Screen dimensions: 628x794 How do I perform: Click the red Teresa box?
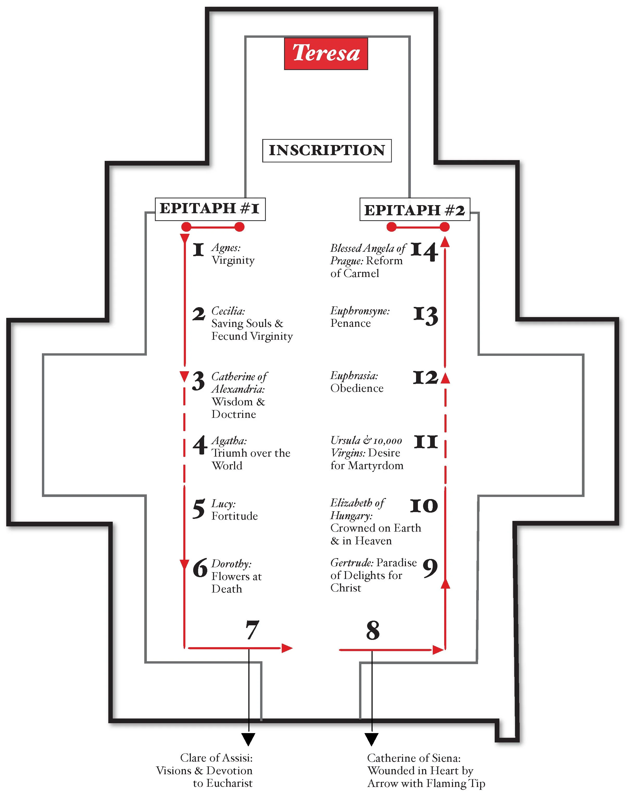point(326,54)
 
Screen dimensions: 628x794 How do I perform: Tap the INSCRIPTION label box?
point(326,150)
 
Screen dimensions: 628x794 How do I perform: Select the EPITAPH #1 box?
point(210,209)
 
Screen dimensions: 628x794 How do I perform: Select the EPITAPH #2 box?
point(415,210)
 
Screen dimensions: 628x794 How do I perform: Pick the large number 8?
point(373,631)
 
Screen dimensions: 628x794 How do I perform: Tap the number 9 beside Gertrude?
point(430,568)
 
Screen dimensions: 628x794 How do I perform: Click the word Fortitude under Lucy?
point(235,516)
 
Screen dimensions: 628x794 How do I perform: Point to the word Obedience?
point(357,388)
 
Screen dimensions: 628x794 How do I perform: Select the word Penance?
point(350,323)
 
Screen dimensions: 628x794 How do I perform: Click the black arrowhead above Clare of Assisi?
point(249,739)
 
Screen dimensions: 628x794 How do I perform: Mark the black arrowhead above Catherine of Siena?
point(371,739)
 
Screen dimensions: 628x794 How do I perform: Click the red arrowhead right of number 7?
point(287,648)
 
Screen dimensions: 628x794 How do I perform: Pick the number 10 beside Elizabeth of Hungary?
point(424,506)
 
